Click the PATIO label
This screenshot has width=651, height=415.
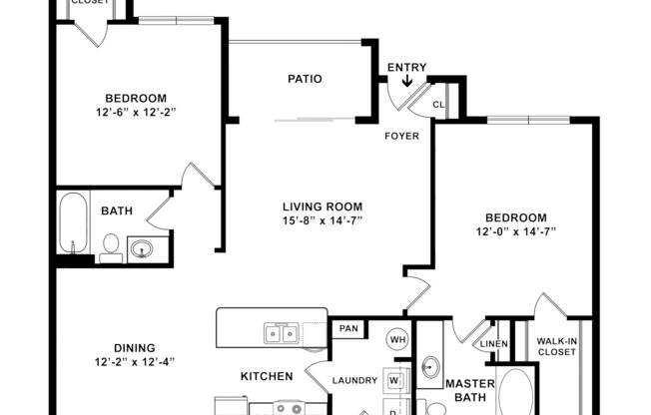(305, 79)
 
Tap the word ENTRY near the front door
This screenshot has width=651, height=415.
(406, 68)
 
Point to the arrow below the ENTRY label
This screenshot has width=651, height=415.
(406, 96)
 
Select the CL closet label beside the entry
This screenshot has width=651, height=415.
(439, 104)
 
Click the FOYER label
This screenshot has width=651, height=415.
(402, 136)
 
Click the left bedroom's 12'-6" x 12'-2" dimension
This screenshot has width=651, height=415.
(135, 113)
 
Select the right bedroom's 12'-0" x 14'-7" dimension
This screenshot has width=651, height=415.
(515, 231)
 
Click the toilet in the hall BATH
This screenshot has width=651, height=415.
(110, 246)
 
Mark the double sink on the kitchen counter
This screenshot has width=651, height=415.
(280, 333)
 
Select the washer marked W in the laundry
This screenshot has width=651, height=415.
(394, 380)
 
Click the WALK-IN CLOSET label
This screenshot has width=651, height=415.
(557, 345)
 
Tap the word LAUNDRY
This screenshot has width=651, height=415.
(354, 380)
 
